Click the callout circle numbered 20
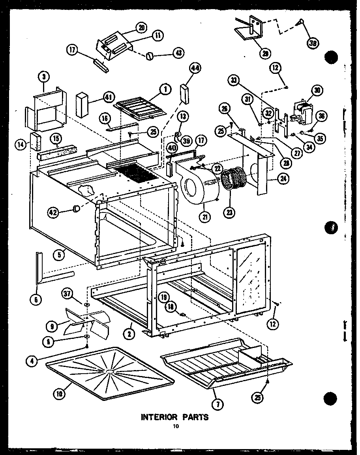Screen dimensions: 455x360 pos(142,28)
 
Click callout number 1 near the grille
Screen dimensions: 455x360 pos(165,90)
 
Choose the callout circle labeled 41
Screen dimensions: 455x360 pos(108,96)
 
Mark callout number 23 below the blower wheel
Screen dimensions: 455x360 pos(229,213)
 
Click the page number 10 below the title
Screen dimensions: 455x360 pos(175,426)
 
